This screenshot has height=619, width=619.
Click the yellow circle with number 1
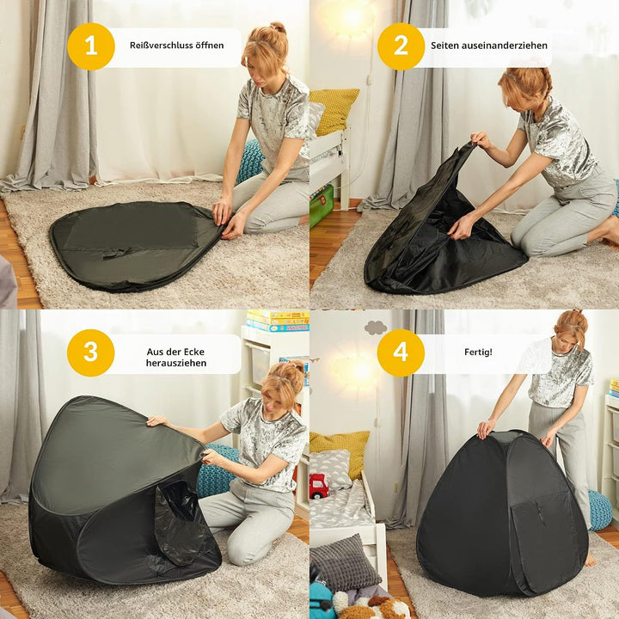click(x=91, y=46)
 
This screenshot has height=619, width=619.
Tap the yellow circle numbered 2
click(x=401, y=46)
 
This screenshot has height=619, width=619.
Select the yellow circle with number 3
click(x=91, y=352)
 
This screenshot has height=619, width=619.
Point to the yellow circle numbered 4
click(x=401, y=352)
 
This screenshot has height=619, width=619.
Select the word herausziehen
click(x=176, y=363)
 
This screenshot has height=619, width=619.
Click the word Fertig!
click(x=478, y=352)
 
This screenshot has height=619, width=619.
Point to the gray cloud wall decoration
click(x=376, y=328)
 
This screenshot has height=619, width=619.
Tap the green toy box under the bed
click(x=321, y=206)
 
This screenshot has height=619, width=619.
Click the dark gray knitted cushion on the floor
click(x=343, y=562)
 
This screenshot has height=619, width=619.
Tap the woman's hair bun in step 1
click(x=278, y=28)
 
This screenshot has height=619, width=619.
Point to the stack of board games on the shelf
click(x=278, y=321)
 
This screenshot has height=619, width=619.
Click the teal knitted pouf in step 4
click(x=600, y=510)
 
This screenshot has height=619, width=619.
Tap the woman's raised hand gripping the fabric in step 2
click(x=481, y=139)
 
